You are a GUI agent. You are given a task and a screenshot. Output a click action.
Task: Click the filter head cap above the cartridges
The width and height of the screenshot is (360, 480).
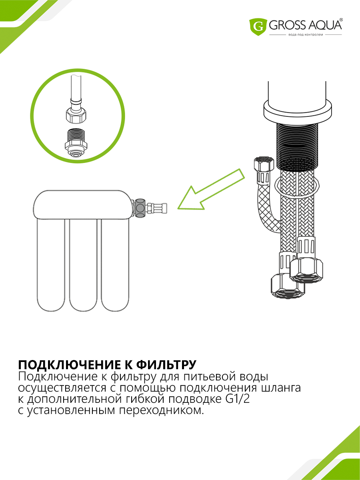point(83,204)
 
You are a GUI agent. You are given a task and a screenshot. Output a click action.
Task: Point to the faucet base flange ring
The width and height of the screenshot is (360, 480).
point(298,108)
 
